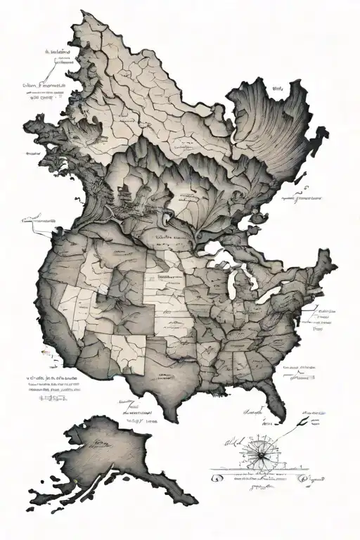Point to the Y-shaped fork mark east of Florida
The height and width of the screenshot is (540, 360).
click(300, 420)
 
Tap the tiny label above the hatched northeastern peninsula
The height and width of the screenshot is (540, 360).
click(276, 89)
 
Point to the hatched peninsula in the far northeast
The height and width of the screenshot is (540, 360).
click(274, 134)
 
